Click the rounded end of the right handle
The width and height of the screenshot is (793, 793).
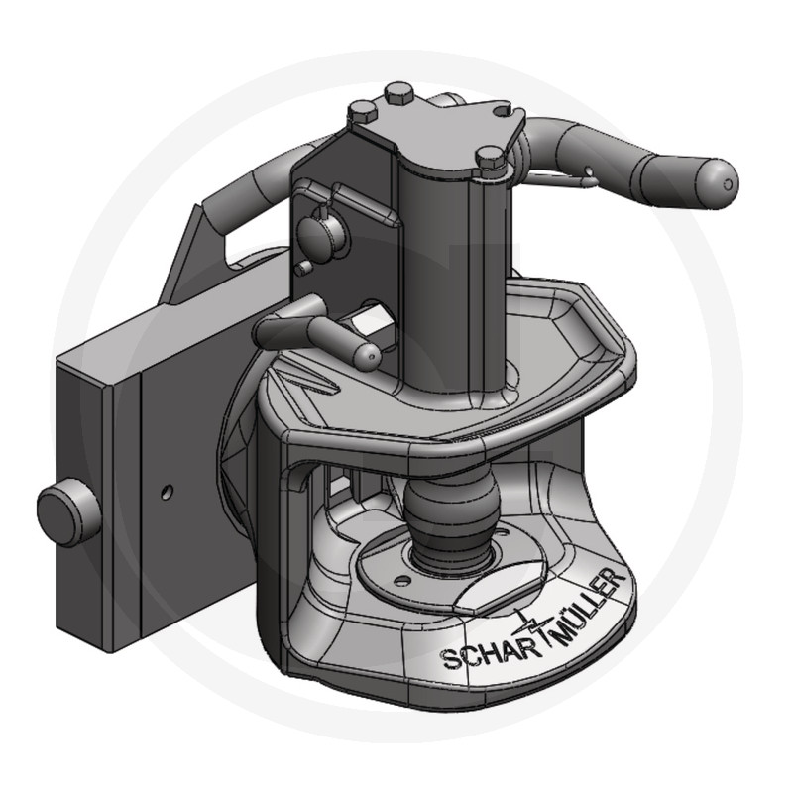pyautogui.click(x=717, y=183)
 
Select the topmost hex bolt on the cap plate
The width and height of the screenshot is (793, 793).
pyautogui.click(x=399, y=92)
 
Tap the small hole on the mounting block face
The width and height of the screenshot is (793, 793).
pyautogui.click(x=167, y=491)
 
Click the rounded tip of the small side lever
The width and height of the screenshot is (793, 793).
pyautogui.click(x=367, y=357)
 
